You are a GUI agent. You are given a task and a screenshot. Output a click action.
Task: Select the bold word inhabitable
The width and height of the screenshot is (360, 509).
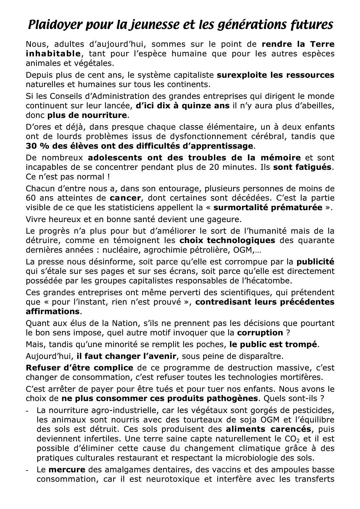[x=53, y=54]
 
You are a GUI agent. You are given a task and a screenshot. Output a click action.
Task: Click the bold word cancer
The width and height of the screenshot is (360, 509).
[x=125, y=198]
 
